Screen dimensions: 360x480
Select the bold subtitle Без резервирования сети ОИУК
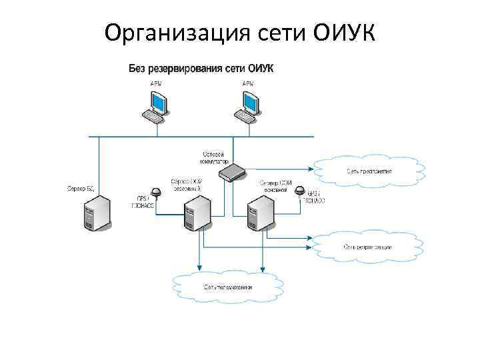pyautogui.click(x=201, y=68)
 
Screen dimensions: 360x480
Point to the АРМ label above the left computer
pyautogui.click(x=155, y=83)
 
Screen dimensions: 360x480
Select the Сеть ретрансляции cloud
pyautogui.click(x=369, y=247)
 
